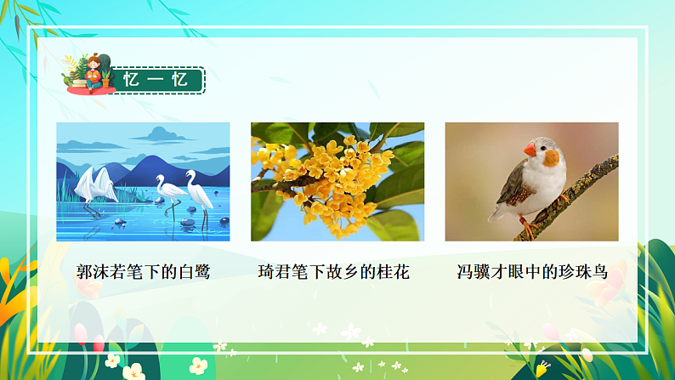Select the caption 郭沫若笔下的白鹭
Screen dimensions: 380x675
pyautogui.click(x=143, y=272)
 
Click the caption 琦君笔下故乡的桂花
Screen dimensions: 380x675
pyautogui.click(x=334, y=272)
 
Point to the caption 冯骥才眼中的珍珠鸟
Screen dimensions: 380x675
pyautogui.click(x=532, y=272)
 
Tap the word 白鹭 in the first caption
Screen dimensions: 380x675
pyautogui.click(x=193, y=272)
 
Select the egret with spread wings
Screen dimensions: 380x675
pyautogui.click(x=97, y=184)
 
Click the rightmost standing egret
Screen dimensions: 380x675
pyautogui.click(x=200, y=192)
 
